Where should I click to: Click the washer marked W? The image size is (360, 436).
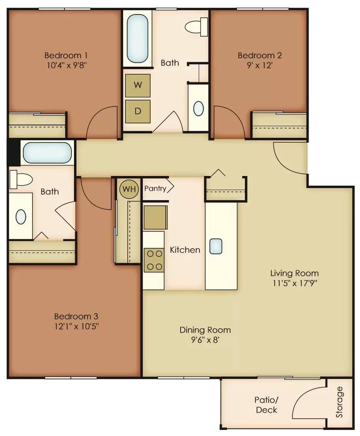pyautogui.click(x=138, y=85)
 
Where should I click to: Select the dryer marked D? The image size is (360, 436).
pyautogui.click(x=138, y=111)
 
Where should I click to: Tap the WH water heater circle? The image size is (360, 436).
pyautogui.click(x=128, y=189)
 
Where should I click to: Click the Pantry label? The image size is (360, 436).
pyautogui.click(x=156, y=188)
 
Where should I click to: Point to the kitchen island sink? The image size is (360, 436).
pyautogui.click(x=216, y=246)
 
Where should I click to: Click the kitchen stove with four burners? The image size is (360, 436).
pyautogui.click(x=154, y=260)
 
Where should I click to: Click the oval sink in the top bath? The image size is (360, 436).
pyautogui.click(x=198, y=108)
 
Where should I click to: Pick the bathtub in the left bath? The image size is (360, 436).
pyautogui.click(x=47, y=153)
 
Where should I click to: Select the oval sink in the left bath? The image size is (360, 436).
pyautogui.click(x=21, y=217)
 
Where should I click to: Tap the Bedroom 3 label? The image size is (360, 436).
pyautogui.click(x=76, y=316)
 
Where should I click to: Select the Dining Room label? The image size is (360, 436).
pyautogui.click(x=205, y=330)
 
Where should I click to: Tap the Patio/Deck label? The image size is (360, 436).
pyautogui.click(x=266, y=405)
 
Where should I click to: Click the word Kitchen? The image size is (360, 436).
pyautogui.click(x=185, y=250)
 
